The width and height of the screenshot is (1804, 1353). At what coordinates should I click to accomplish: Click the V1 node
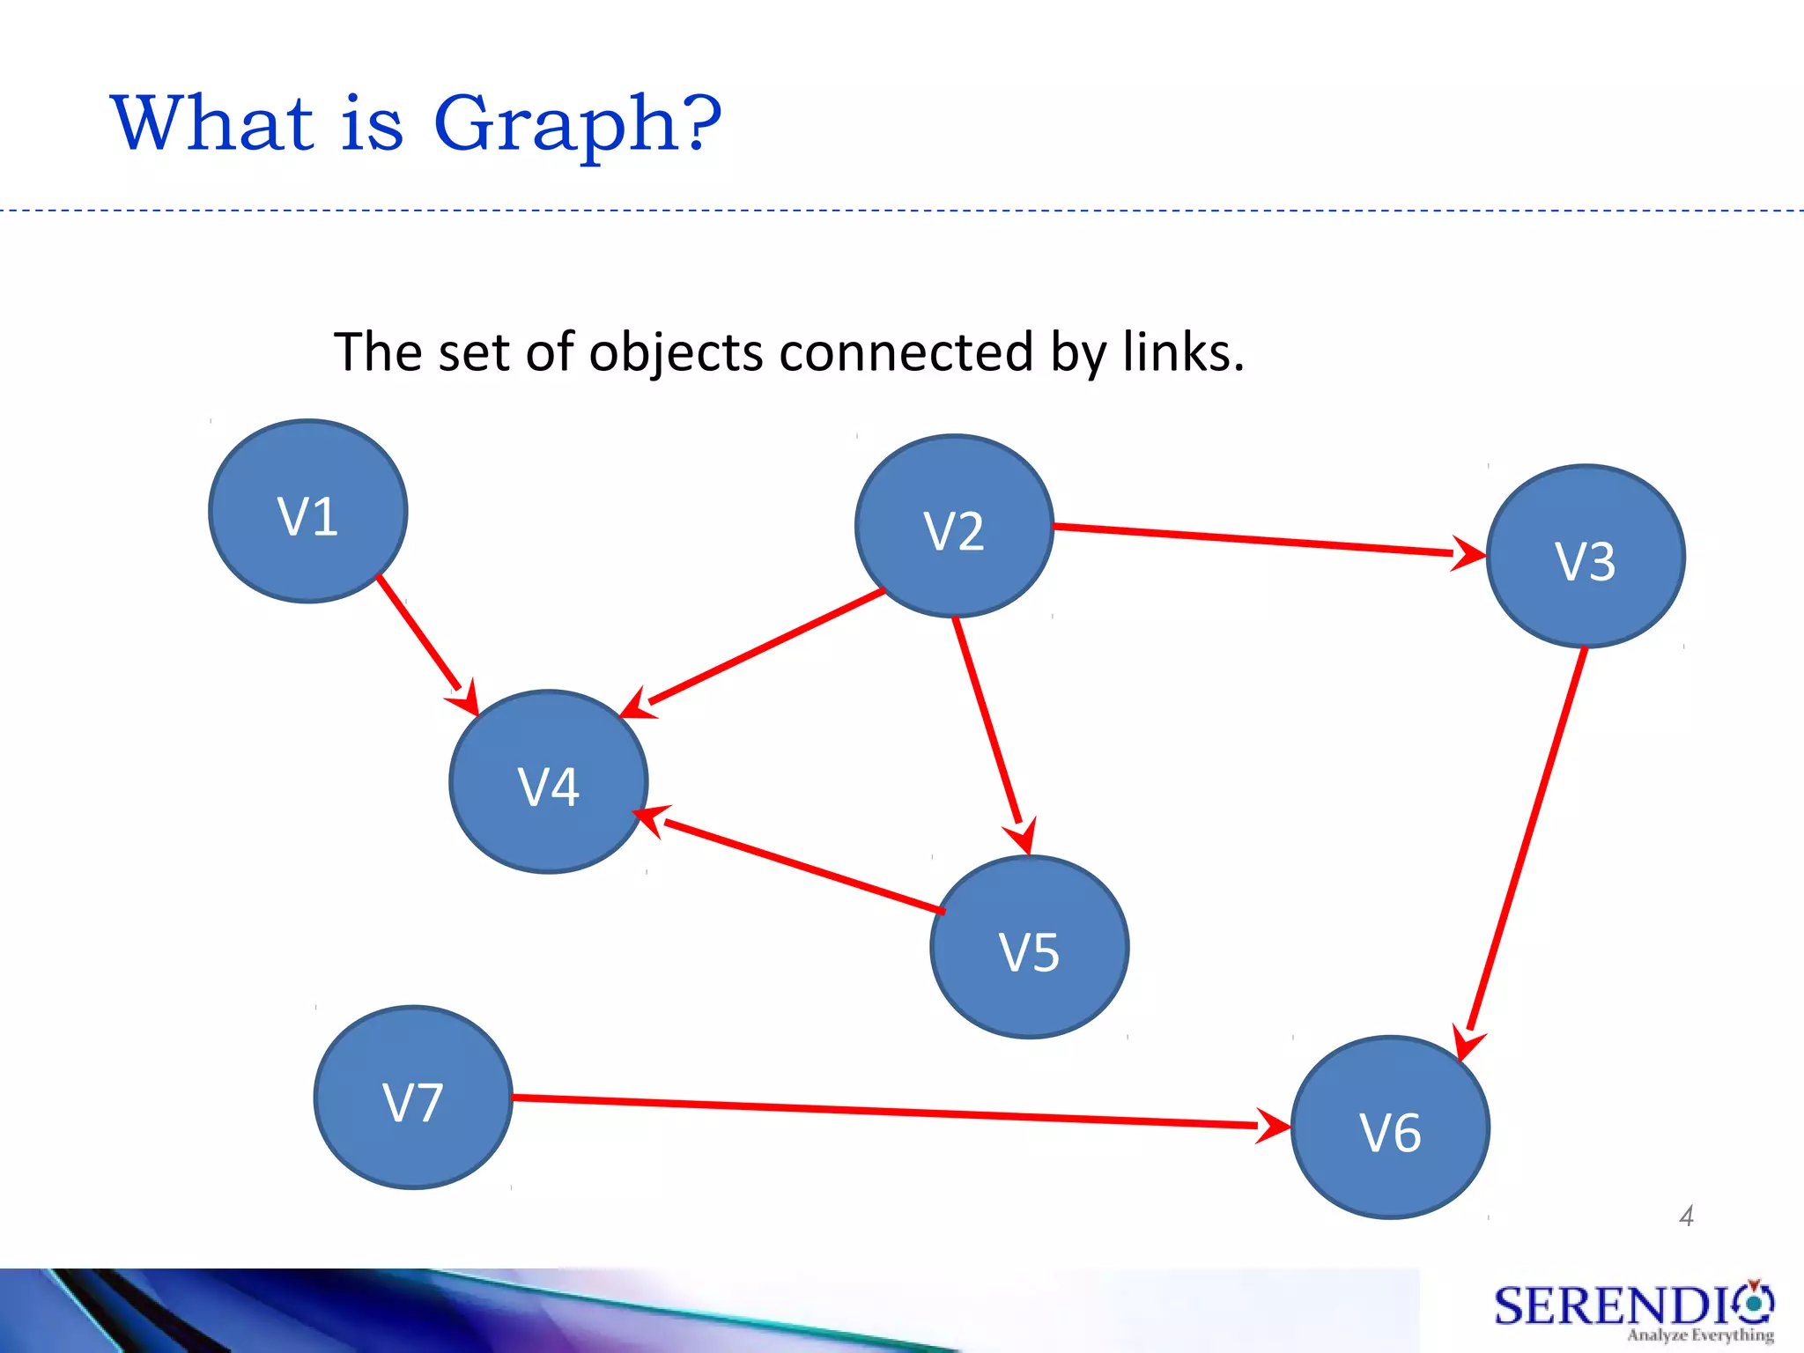308,512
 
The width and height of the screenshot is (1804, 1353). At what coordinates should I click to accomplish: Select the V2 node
954,527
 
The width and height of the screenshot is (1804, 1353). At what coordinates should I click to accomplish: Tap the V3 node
1586,557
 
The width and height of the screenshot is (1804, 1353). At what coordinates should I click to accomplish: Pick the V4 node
549,782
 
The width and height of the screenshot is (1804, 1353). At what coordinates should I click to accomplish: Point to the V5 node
1029,948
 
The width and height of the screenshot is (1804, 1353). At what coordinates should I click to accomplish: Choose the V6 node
1390,1127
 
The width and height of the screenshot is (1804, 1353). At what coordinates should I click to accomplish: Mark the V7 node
413,1098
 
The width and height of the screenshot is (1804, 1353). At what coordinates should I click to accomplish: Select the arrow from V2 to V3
1260,540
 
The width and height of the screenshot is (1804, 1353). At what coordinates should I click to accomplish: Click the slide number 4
1686,1216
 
